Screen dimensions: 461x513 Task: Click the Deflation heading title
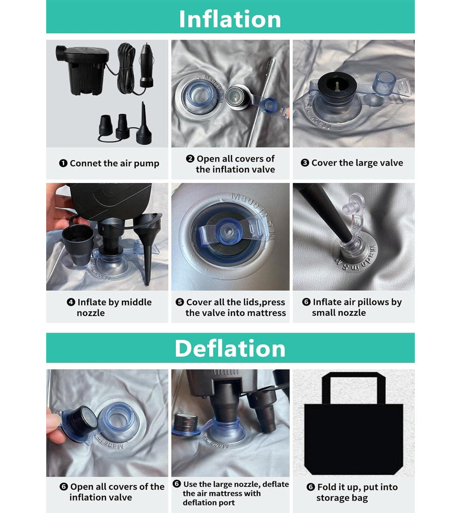[x=230, y=349]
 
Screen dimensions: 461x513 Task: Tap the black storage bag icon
[x=354, y=426]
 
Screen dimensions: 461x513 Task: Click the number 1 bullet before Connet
[x=63, y=163]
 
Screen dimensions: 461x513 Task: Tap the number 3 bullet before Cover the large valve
[x=305, y=163]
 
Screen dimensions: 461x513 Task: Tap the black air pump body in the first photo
[x=82, y=70]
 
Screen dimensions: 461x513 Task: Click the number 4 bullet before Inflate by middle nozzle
[x=71, y=302]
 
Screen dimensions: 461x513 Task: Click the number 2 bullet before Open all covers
[x=190, y=159]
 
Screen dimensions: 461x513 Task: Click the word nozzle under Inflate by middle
[x=91, y=313]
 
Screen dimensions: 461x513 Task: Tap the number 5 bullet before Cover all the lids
[x=180, y=302]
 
